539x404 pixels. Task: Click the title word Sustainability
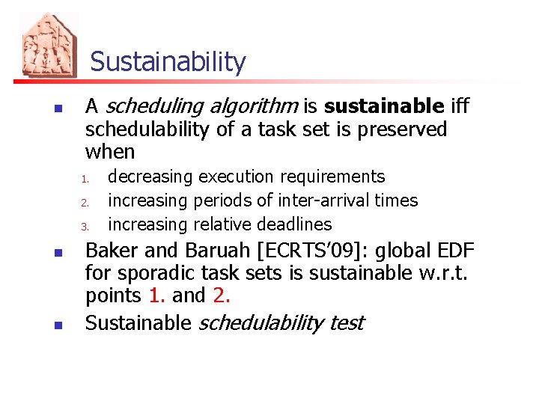click(168, 62)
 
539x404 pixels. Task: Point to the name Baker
click(113, 250)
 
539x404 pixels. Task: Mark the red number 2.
click(221, 296)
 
